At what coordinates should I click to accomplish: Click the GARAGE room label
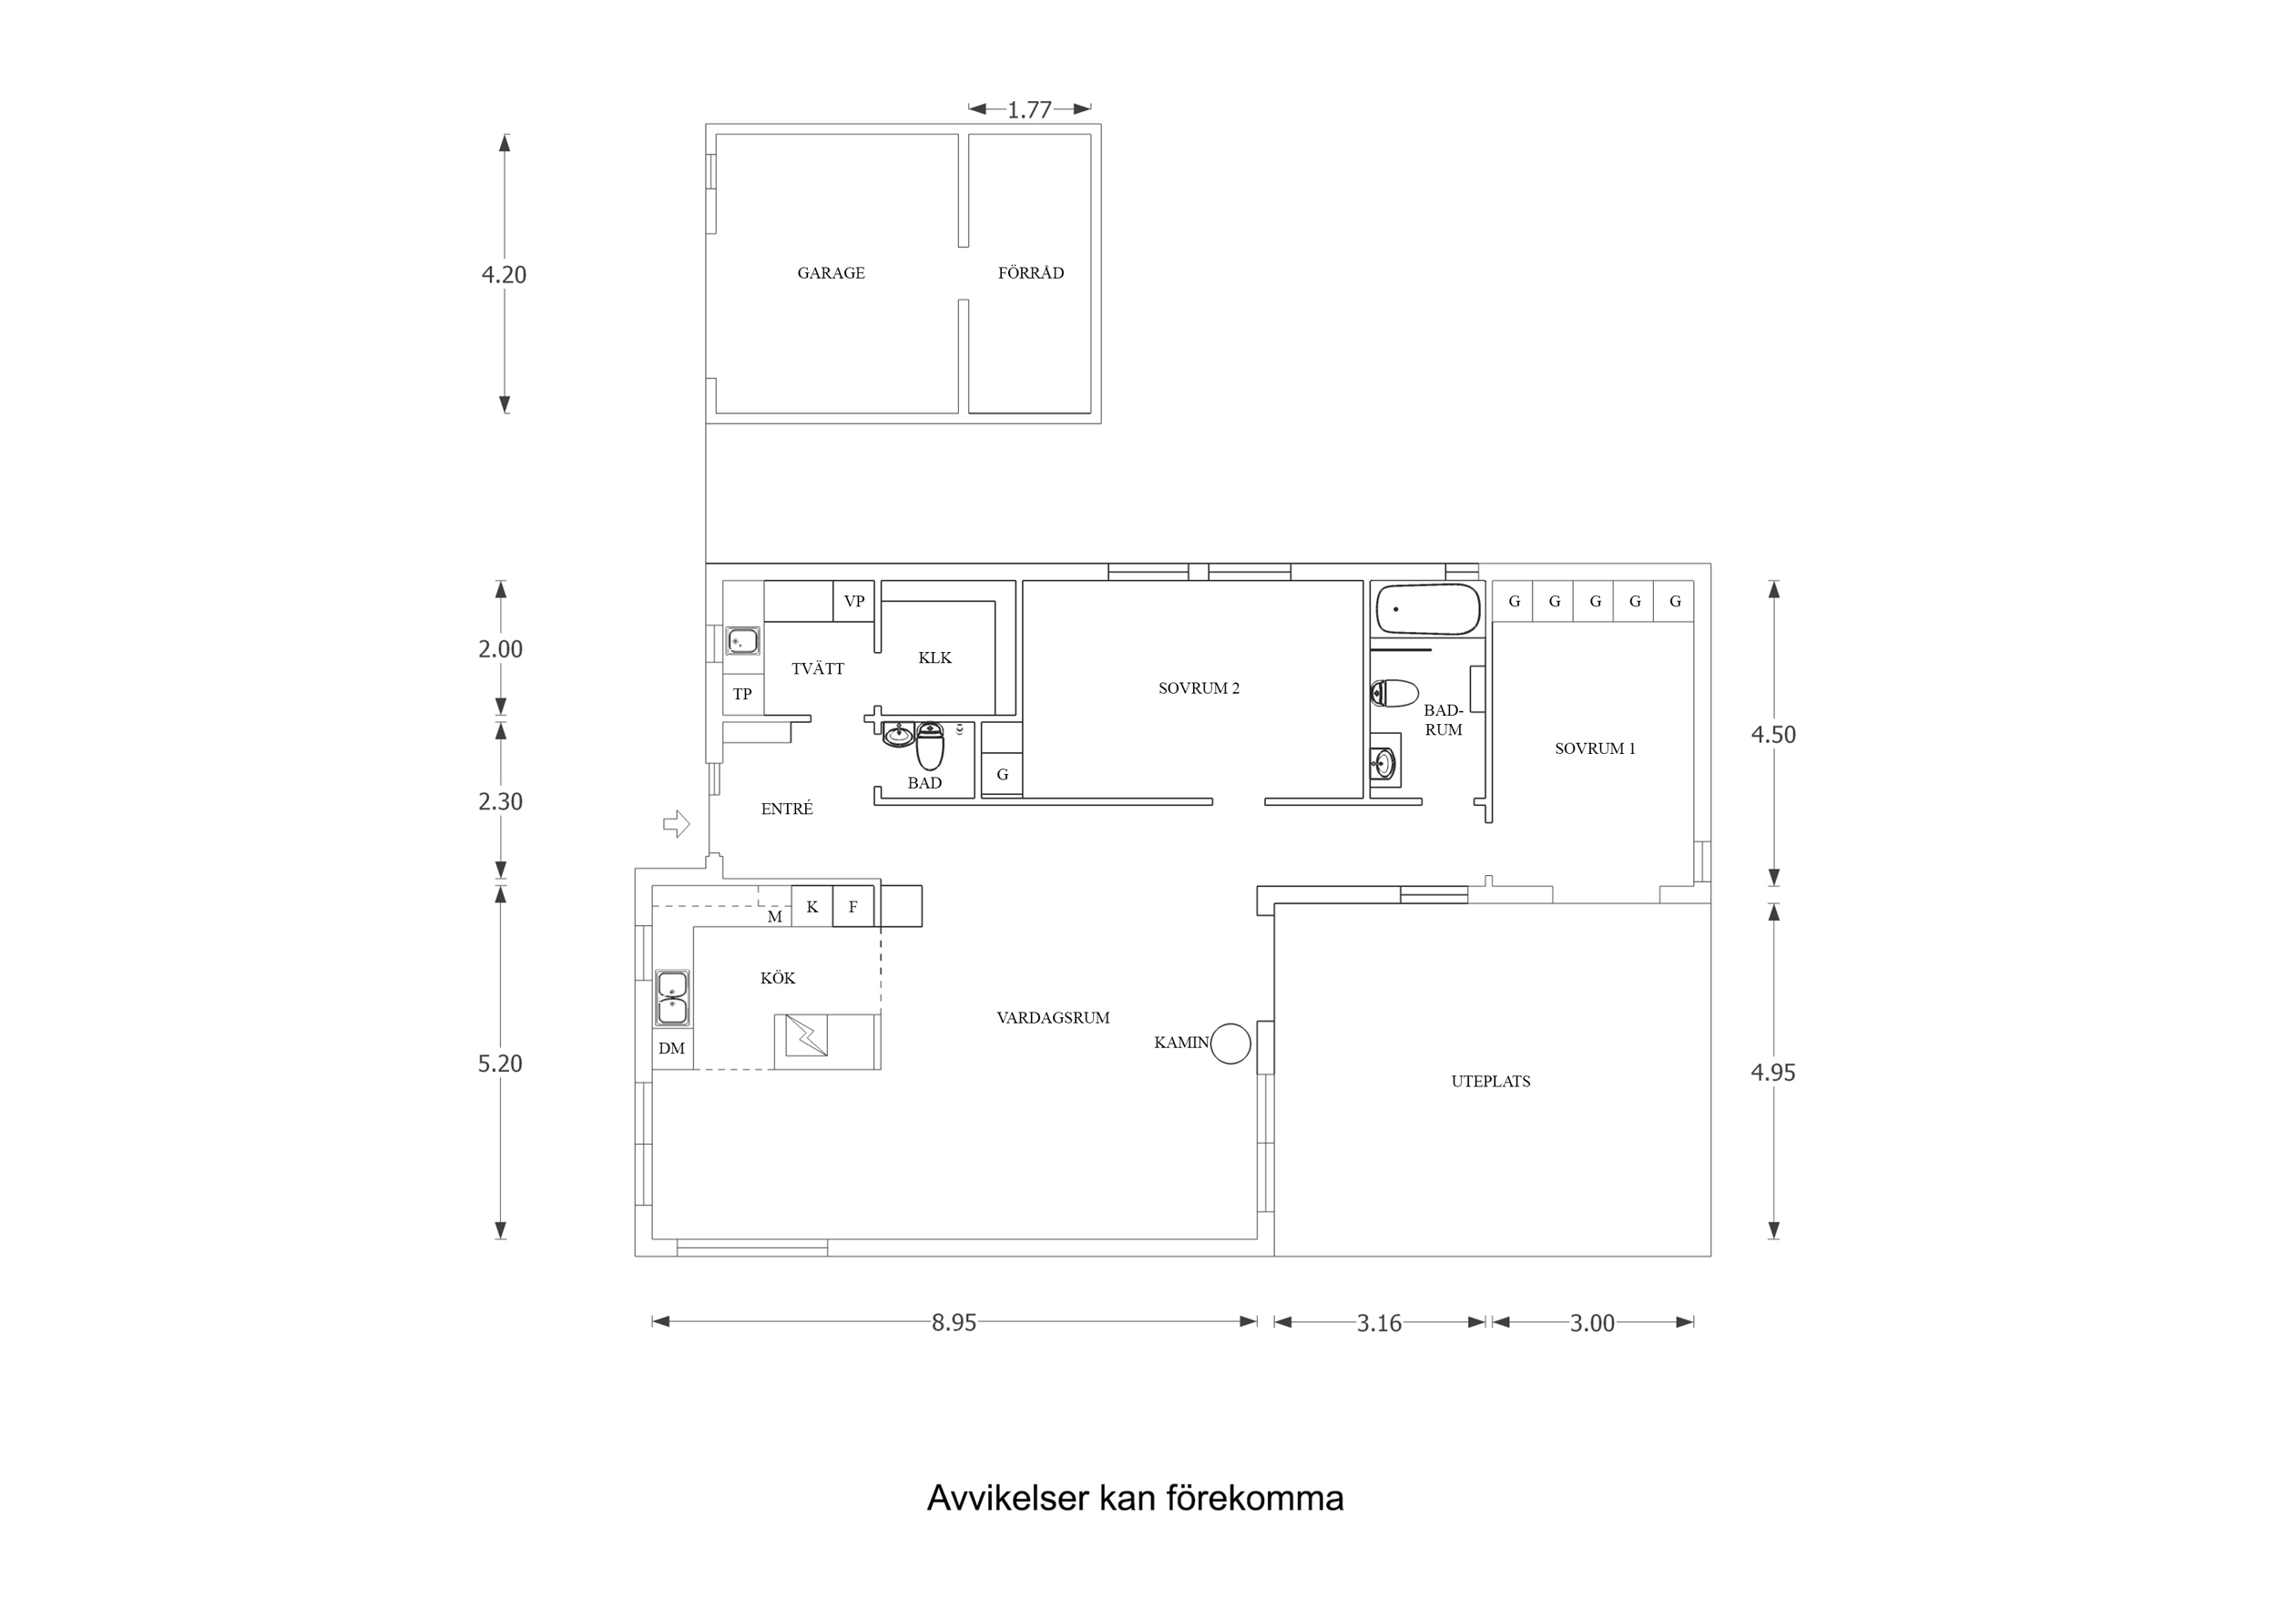click(x=831, y=272)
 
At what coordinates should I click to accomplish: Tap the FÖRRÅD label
click(x=1030, y=272)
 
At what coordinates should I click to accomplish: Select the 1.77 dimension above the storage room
click(x=1029, y=110)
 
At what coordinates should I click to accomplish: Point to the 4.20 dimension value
click(x=504, y=275)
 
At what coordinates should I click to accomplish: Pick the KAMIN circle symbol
click(x=1230, y=1043)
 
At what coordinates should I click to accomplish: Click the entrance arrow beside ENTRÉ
click(x=676, y=823)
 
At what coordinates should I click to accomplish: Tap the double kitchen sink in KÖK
click(x=672, y=997)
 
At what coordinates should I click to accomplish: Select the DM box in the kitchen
click(x=672, y=1049)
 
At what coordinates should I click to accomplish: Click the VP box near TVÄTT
click(x=853, y=601)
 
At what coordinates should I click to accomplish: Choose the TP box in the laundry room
click(x=742, y=694)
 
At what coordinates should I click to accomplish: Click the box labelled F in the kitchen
click(x=852, y=906)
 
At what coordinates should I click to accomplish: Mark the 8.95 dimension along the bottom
click(x=954, y=1322)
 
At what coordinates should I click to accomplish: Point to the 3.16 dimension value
click(x=1379, y=1322)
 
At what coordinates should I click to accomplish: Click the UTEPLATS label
click(x=1490, y=1082)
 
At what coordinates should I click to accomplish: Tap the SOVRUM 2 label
click(x=1199, y=688)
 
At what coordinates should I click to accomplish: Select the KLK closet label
click(x=934, y=657)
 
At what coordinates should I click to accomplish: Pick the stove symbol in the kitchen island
click(x=806, y=1036)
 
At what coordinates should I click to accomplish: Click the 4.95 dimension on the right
click(x=1772, y=1072)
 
